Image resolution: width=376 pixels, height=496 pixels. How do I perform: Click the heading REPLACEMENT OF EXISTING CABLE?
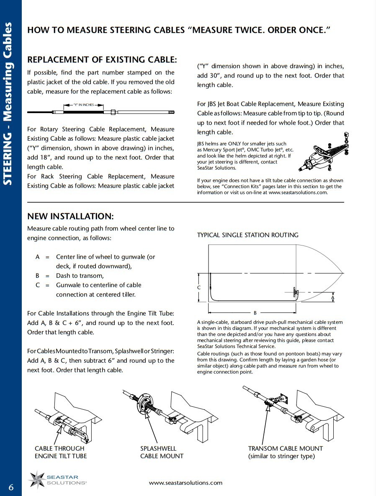(x=102, y=60)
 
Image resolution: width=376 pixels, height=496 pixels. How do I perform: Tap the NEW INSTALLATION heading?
(x=70, y=216)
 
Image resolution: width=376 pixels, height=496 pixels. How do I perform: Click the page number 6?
(x=11, y=487)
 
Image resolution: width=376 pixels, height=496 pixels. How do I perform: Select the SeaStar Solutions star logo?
(x=37, y=479)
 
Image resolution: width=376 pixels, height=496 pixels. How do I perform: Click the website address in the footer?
(x=185, y=483)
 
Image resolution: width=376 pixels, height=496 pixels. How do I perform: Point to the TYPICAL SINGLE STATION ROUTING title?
(x=248, y=235)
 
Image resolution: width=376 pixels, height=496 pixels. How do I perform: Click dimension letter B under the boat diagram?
(x=255, y=313)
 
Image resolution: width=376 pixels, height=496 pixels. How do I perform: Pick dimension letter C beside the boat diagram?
(x=199, y=288)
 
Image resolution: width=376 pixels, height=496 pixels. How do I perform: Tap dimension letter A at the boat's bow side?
(x=332, y=297)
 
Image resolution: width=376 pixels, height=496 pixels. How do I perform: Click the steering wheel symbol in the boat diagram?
(x=296, y=292)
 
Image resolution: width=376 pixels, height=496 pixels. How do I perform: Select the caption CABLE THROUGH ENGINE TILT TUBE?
(x=61, y=452)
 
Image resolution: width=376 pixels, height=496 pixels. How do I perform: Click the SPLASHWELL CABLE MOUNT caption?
(x=162, y=452)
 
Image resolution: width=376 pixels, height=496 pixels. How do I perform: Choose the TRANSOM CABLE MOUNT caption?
(x=286, y=452)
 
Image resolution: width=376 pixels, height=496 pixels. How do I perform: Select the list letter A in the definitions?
(x=38, y=257)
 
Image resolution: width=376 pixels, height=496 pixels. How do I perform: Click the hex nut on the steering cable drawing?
(x=113, y=112)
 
